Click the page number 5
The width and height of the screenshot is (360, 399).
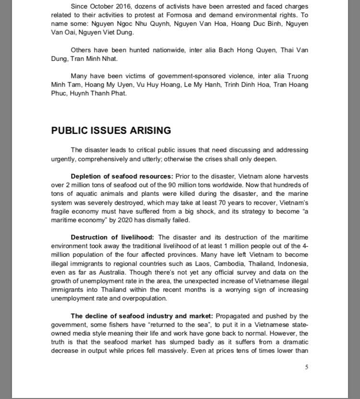[306, 368]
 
